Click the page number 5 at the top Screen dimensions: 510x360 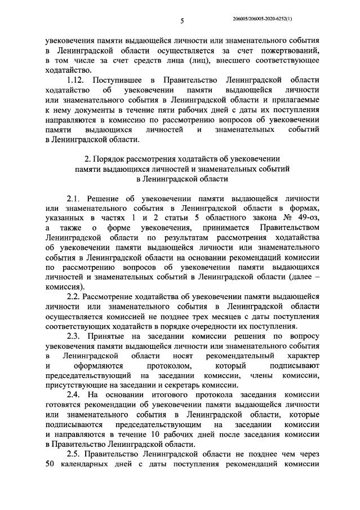tap(182, 21)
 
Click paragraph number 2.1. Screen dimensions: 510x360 tap(75, 199)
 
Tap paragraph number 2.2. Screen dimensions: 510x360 tap(75, 296)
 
